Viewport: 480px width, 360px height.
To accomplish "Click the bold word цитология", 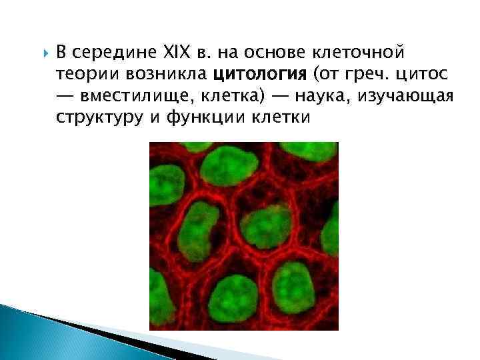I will (263, 73).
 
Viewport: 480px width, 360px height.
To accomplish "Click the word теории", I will (83, 73).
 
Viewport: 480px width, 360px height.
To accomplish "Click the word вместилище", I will (134, 95).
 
